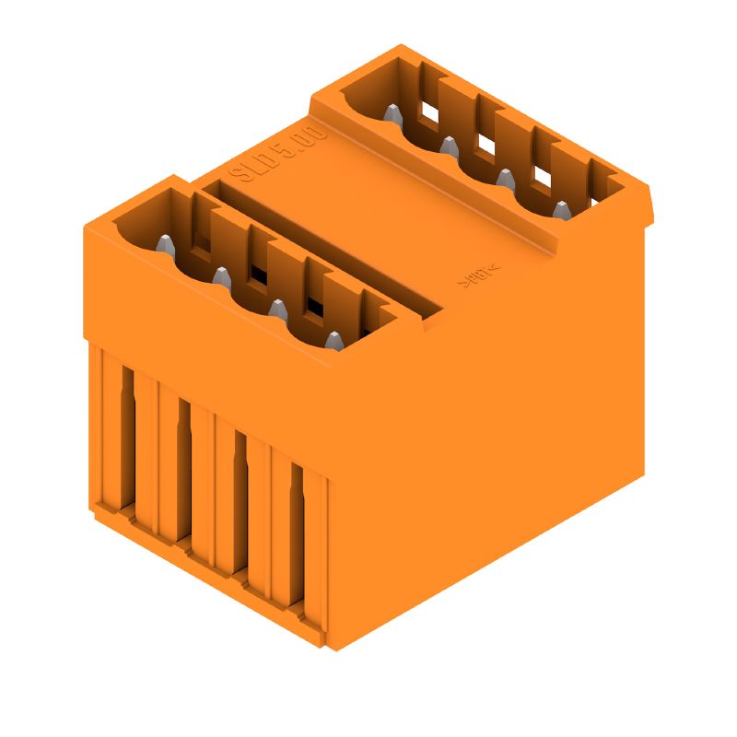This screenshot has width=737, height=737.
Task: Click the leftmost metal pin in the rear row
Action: click(392, 116)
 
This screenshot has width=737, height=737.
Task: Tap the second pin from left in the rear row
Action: click(449, 147)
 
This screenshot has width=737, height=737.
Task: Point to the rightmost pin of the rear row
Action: click(560, 211)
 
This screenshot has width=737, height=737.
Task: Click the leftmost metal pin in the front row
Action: click(165, 246)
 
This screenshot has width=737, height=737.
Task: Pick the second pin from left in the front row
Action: click(221, 277)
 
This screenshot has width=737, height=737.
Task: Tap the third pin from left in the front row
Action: click(276, 310)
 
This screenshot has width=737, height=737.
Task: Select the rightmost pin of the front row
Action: click(333, 341)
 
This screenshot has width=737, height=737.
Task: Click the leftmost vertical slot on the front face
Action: click(128, 438)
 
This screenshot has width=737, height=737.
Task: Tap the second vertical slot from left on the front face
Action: click(184, 472)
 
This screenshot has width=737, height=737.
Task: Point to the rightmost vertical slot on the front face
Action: click(297, 536)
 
